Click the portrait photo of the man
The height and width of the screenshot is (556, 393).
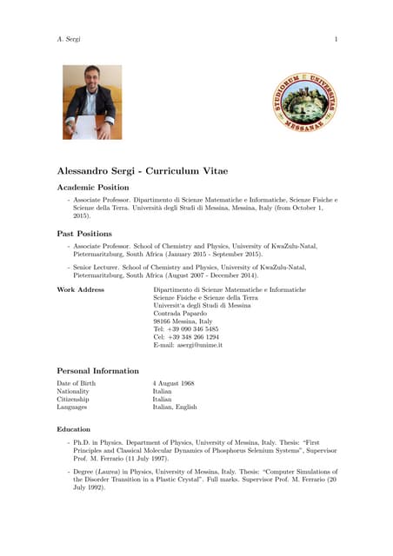91,103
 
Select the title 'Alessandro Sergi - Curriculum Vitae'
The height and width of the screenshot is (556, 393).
142,171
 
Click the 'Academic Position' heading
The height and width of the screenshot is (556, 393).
93,188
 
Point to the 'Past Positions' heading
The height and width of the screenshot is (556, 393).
84,234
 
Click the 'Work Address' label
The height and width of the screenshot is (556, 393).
81,289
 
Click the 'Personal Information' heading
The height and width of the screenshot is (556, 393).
97,371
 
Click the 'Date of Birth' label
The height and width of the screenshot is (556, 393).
77,383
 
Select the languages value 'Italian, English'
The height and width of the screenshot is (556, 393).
175,407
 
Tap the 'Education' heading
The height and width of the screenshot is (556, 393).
73,429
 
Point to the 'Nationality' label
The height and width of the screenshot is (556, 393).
73,391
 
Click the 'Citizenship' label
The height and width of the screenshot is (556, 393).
73,399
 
